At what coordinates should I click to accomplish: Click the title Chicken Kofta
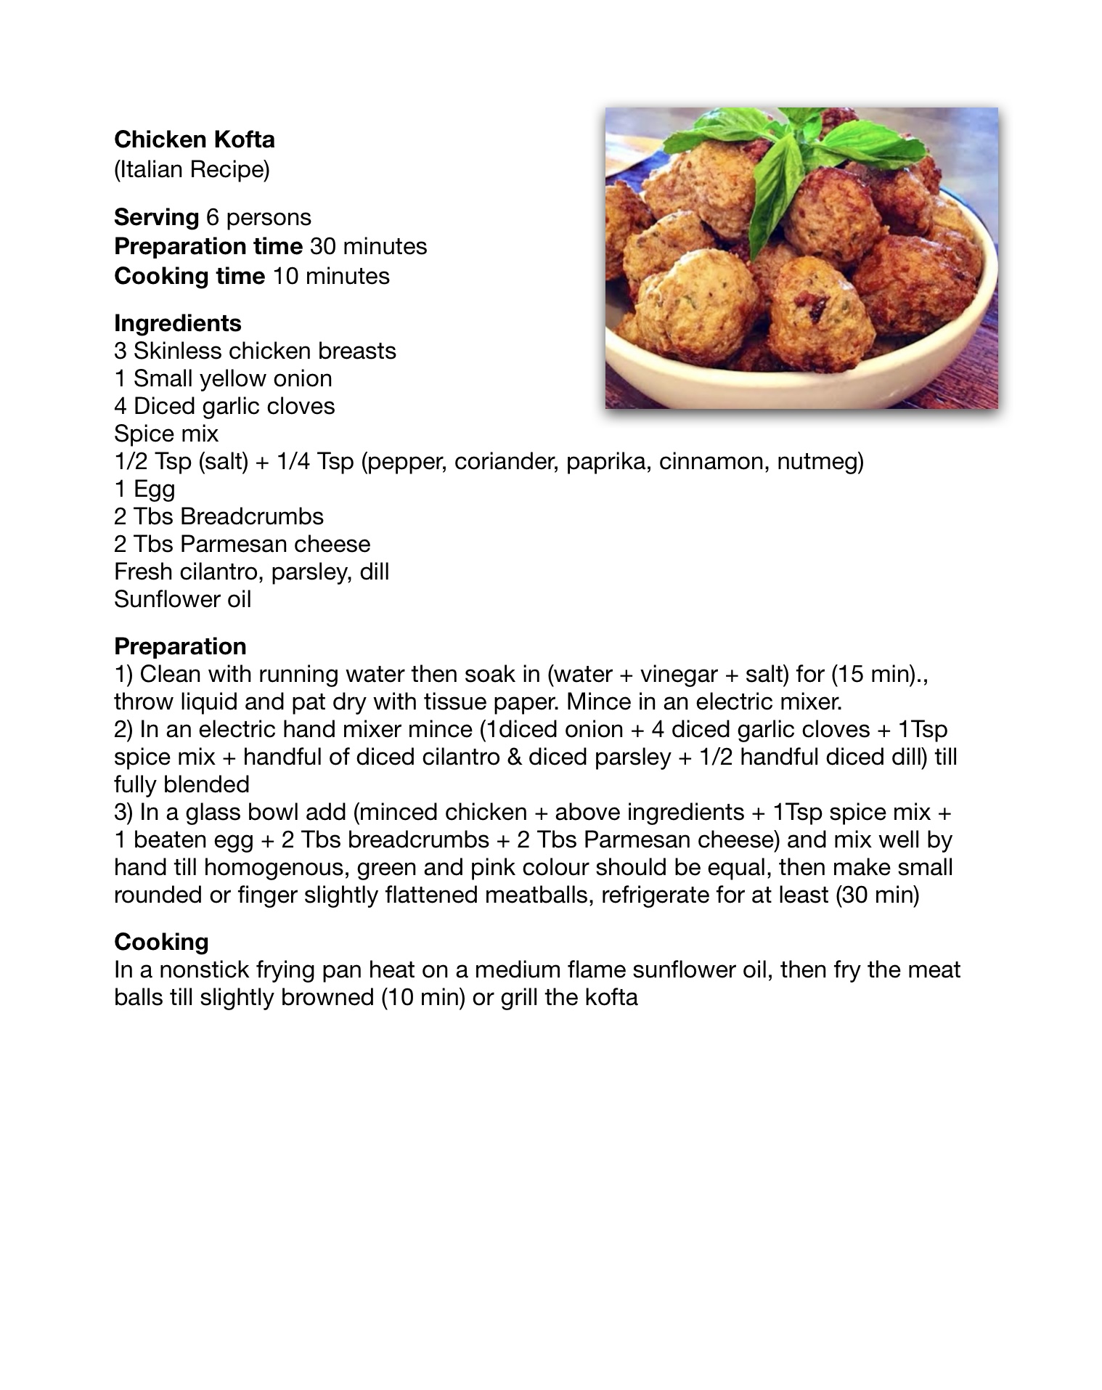tap(194, 139)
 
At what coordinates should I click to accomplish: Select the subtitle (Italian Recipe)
tap(192, 169)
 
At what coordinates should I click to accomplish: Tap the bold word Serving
tap(156, 217)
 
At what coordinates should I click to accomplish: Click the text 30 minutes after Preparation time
tap(368, 246)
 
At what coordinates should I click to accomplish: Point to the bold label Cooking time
tap(189, 276)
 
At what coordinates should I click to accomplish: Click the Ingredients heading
tap(178, 323)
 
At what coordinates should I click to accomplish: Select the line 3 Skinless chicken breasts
tap(255, 351)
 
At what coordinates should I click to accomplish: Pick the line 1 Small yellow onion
tap(223, 378)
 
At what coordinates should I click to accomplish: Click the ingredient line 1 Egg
tap(144, 489)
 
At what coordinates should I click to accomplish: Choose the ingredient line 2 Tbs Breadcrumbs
tap(219, 516)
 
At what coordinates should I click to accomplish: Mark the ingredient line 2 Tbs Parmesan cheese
tap(242, 544)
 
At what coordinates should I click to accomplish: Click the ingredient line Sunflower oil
tap(182, 599)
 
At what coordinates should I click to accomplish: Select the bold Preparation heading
tap(180, 646)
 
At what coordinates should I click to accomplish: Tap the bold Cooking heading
tap(161, 942)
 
